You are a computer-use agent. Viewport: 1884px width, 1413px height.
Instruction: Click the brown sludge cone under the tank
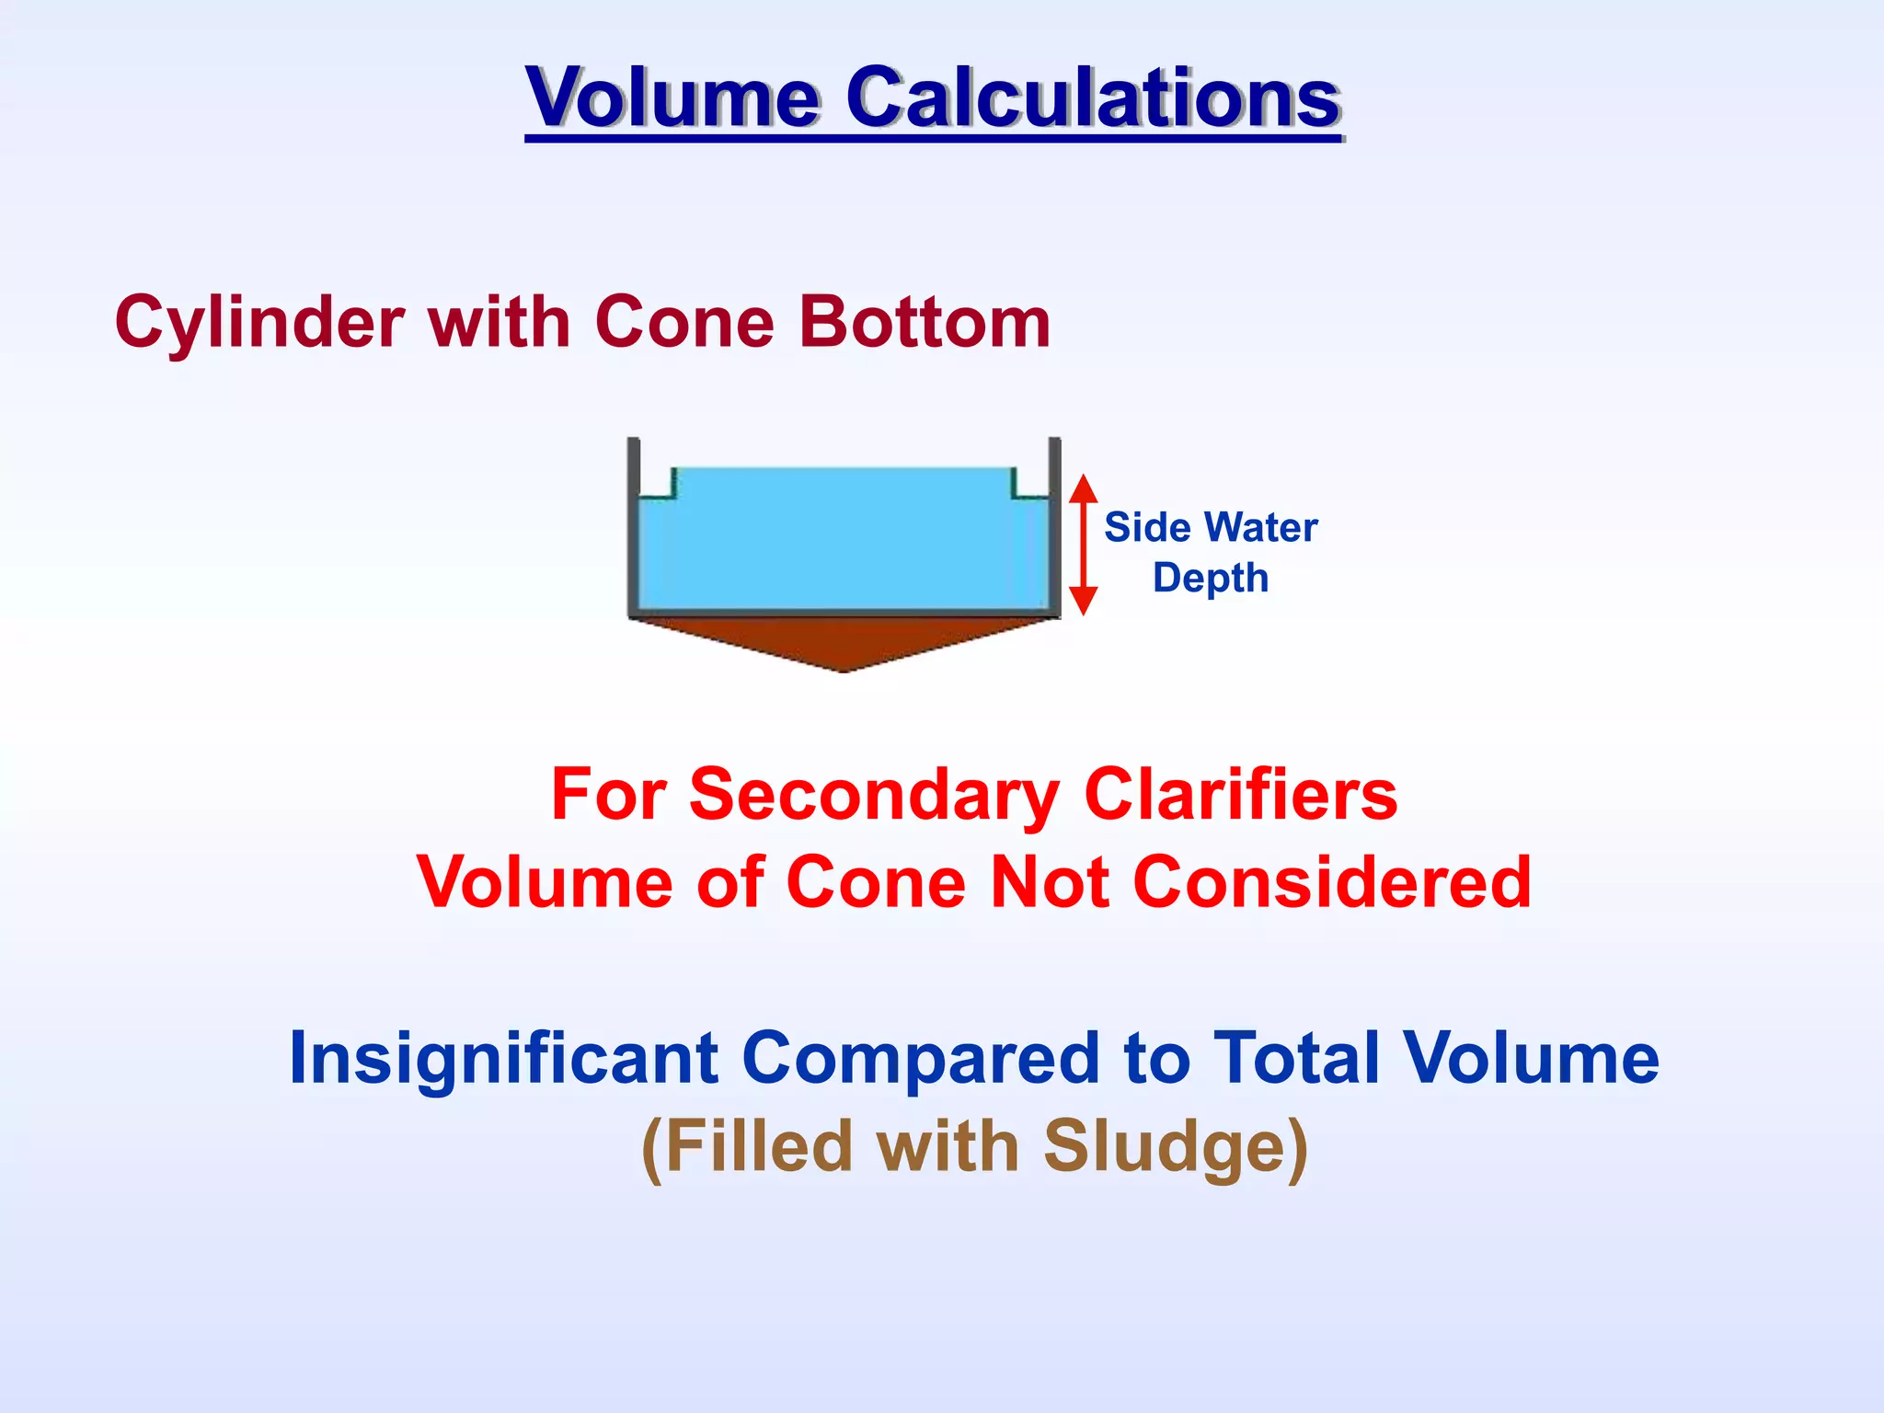(x=844, y=642)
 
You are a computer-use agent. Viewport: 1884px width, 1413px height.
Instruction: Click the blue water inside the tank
(x=844, y=547)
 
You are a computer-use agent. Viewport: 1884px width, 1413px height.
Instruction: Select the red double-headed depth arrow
(x=1084, y=545)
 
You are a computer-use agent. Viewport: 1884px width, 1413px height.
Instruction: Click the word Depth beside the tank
(x=1211, y=579)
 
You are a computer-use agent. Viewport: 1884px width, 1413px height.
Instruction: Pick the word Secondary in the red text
(x=875, y=794)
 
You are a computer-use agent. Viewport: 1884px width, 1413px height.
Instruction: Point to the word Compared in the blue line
(x=919, y=1058)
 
